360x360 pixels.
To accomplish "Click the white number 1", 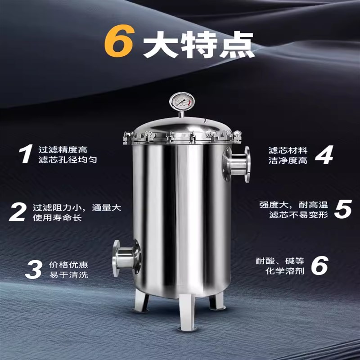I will [25, 154].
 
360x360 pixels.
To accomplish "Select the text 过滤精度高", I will [63, 149].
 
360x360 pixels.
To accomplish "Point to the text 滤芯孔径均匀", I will [67, 160].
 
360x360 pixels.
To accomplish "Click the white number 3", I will [33, 269].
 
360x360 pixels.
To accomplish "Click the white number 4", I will [323, 154].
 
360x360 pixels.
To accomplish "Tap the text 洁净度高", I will [288, 160].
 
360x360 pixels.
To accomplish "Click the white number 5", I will [342, 209].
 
